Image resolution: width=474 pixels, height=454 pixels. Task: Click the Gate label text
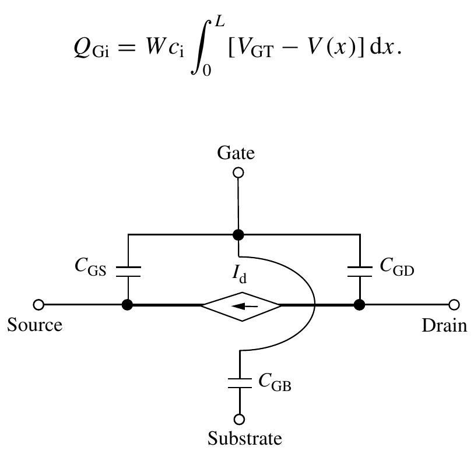coord(236,153)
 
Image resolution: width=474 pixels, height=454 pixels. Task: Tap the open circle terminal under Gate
coord(238,173)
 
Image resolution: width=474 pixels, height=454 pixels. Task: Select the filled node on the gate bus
coord(238,235)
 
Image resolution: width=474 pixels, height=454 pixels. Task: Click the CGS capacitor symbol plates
coord(128,270)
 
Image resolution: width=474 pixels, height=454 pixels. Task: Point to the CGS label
coord(90,266)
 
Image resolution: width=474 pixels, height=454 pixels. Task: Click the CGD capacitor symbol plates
coord(360,270)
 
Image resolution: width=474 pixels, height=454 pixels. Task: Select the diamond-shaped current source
coord(241,304)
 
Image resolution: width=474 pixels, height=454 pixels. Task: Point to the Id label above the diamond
coord(240,274)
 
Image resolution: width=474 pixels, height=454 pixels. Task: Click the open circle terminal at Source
coord(38,304)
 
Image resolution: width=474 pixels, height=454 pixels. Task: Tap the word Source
coord(35,325)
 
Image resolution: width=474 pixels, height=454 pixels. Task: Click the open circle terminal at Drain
coord(454,304)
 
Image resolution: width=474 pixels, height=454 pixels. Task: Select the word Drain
coord(444,325)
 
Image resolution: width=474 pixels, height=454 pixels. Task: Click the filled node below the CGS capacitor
coord(128,304)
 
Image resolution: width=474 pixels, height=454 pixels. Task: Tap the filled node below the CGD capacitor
coord(360,304)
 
